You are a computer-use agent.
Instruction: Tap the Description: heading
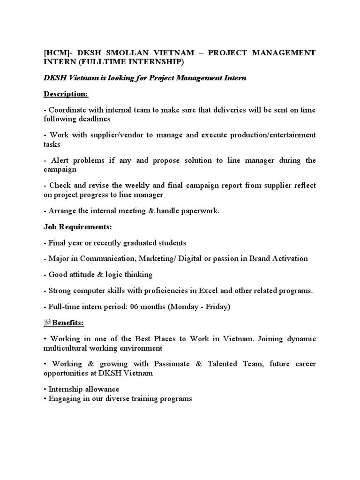[66, 94]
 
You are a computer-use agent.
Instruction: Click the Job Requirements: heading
[78, 227]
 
